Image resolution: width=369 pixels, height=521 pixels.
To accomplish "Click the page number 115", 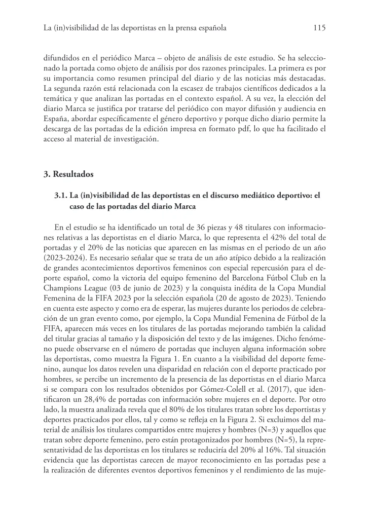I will (319, 28).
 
